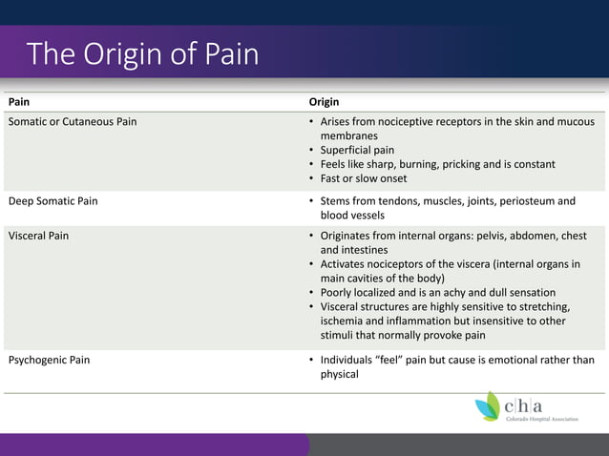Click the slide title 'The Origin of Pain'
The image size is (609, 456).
pos(143,53)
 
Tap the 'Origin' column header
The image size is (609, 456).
pos(324,101)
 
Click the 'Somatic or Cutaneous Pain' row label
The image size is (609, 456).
pos(72,122)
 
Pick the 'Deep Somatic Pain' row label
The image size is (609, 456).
pos(52,201)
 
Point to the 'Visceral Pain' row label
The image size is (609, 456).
pos(38,235)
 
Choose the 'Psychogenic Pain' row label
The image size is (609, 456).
pos(51,360)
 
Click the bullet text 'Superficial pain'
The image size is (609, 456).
pos(357,150)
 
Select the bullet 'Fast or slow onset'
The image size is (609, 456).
pos(363,178)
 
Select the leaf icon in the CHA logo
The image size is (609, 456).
pos(488,405)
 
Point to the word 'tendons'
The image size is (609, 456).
pos(401,201)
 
